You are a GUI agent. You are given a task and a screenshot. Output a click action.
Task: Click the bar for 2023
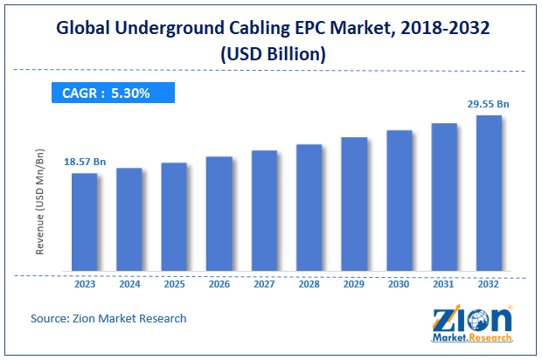84,222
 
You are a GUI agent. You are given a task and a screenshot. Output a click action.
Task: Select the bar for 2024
129,219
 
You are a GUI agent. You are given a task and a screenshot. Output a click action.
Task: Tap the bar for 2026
219,214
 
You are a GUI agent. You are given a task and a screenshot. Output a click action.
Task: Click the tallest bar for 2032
489,193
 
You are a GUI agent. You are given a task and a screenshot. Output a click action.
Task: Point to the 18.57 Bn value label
84,163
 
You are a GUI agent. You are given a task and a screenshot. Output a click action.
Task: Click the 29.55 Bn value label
488,104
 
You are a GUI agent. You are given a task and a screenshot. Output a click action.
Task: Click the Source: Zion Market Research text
109,318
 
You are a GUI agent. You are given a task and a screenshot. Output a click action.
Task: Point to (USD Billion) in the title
271,53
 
